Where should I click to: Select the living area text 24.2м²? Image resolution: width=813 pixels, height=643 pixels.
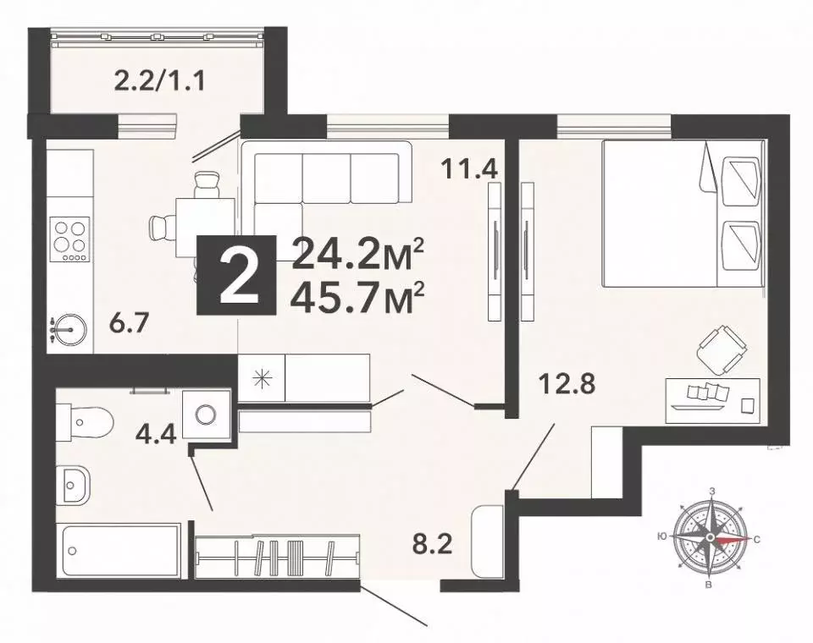357,252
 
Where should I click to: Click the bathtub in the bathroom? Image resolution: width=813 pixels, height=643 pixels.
119,550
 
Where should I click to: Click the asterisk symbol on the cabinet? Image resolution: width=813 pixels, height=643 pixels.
262,377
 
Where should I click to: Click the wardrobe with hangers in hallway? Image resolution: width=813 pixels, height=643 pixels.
278,558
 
